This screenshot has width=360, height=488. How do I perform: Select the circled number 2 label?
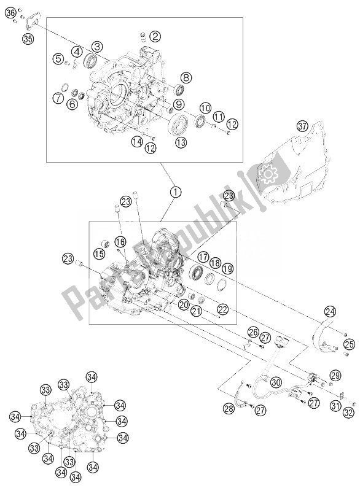(x=155, y=36)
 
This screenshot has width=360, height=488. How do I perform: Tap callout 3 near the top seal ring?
(x=98, y=46)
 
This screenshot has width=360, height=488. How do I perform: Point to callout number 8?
(x=185, y=77)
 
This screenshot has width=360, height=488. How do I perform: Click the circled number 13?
(x=163, y=142)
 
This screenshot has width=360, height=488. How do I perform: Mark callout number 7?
(x=58, y=97)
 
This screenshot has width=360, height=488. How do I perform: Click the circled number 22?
(x=222, y=309)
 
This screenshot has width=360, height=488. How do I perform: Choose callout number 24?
(x=331, y=311)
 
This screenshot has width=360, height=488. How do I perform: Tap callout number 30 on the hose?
(x=276, y=382)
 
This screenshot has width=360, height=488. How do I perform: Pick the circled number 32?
(x=348, y=412)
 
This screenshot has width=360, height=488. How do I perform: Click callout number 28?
(x=229, y=409)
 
